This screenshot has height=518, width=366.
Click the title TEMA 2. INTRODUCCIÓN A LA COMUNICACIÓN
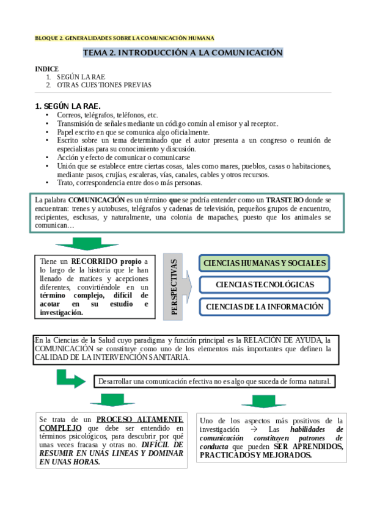(x=183, y=53)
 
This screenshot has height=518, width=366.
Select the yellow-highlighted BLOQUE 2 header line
(x=125, y=38)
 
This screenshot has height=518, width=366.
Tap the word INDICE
(x=47, y=69)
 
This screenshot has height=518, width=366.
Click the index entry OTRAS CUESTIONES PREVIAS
(x=104, y=85)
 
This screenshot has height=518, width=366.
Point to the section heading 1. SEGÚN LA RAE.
(x=68, y=106)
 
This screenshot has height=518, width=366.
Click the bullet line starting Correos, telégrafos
(x=107, y=115)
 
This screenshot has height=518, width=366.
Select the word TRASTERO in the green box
(x=285, y=200)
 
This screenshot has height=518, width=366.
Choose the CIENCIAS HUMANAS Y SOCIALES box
(x=264, y=263)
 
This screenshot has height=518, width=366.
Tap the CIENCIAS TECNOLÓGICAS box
(x=264, y=285)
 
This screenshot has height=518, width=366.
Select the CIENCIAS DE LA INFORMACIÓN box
(x=264, y=307)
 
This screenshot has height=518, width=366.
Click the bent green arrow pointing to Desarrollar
(x=70, y=379)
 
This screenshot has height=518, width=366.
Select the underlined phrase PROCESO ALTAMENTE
(x=140, y=420)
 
